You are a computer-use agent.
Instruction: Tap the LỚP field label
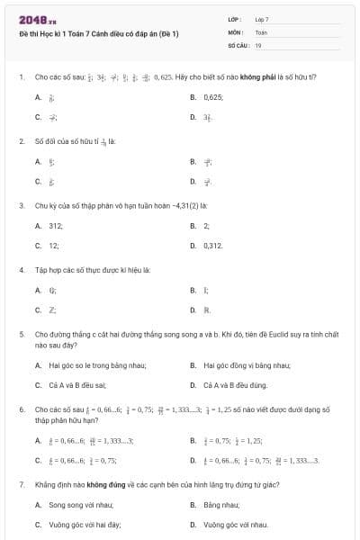(x=235, y=19)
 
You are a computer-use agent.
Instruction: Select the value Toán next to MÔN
(x=261, y=31)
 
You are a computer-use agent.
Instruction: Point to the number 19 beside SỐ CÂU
(x=258, y=44)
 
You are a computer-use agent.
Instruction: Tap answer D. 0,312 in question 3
(x=212, y=245)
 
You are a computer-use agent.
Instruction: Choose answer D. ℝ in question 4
(x=206, y=310)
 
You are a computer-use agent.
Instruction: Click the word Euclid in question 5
(x=255, y=335)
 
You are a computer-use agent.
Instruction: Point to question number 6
(x=21, y=409)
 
